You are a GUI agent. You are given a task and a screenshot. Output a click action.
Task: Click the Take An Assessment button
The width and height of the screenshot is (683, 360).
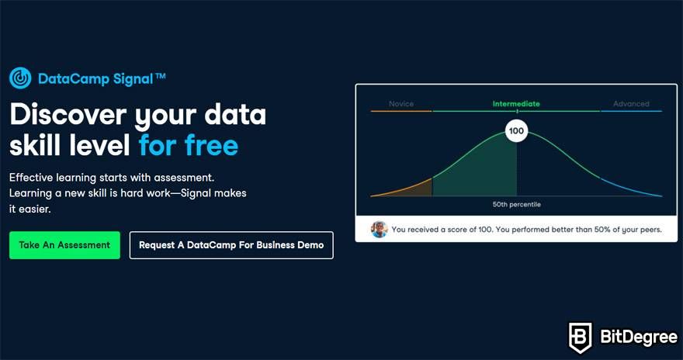point(64,245)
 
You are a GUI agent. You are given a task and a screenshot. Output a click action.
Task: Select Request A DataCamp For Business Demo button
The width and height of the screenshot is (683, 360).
point(231,245)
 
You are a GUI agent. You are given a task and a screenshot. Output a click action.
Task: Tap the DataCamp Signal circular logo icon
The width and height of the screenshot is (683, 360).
point(20,78)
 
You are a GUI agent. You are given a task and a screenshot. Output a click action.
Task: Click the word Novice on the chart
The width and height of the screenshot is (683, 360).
point(401,104)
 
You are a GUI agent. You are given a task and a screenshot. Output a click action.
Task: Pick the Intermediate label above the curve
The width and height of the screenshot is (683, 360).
point(516,104)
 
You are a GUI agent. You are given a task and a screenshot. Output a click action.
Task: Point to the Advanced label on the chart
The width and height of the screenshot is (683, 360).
point(631,104)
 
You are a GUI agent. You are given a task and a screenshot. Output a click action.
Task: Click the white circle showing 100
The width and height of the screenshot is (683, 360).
point(517,131)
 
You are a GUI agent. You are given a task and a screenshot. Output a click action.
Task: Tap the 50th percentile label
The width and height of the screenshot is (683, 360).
point(517,204)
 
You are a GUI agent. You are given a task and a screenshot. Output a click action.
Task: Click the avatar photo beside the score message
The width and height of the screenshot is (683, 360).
point(380,229)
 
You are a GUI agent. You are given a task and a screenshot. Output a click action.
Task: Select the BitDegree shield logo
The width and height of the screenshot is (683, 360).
point(581,337)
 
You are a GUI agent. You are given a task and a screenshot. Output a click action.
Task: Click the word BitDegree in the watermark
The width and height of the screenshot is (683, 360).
point(639,337)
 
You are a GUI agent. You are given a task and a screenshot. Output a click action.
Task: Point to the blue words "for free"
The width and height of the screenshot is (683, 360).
point(189,144)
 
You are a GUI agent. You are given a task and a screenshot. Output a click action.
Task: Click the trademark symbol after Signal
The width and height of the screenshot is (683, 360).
point(161,76)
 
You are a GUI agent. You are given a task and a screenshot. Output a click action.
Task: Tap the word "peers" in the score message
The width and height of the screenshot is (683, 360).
point(650,230)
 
